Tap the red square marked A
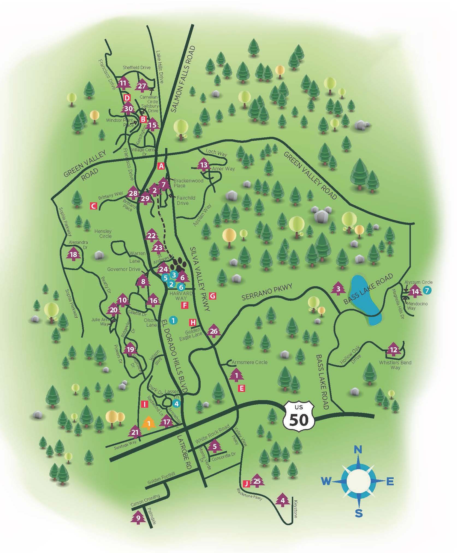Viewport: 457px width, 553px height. tap(161, 166)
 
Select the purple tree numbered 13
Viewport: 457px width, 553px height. tap(204, 165)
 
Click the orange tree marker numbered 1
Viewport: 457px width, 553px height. tap(149, 424)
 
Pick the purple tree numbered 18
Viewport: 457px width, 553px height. tap(73, 255)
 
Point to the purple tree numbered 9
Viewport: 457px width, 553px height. tap(138, 517)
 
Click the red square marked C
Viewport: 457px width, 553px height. tap(94, 206)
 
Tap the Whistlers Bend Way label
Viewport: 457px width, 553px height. tap(395, 365)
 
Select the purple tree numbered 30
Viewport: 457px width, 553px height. tap(128, 109)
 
